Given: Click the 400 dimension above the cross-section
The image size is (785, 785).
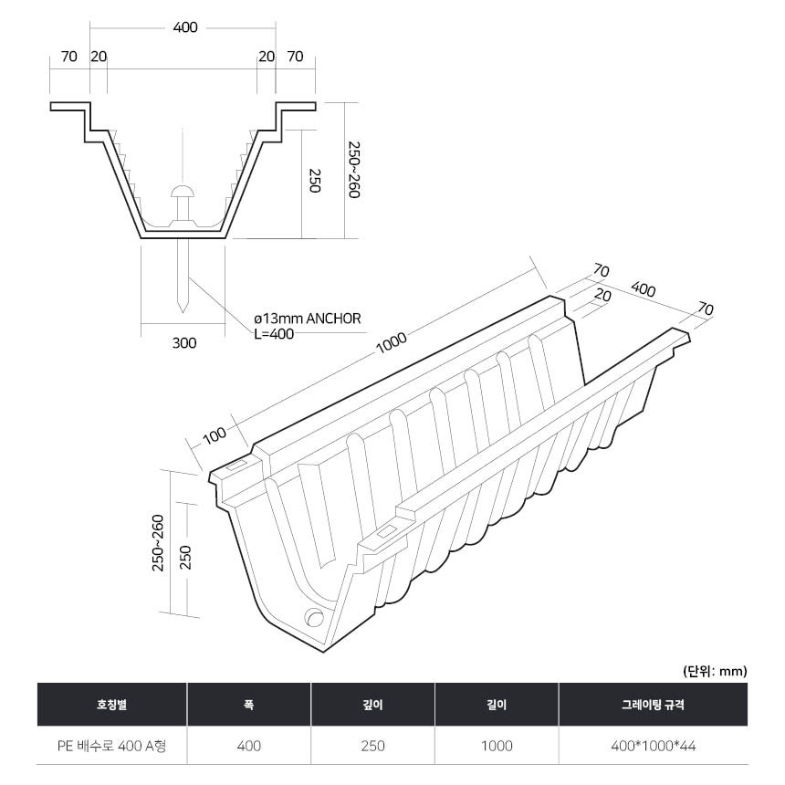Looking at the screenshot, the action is (185, 27).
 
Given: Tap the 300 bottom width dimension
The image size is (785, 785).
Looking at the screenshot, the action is (184, 343).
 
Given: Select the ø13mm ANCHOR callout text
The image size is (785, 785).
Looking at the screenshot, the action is (308, 319).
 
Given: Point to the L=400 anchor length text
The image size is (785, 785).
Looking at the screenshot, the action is (274, 334).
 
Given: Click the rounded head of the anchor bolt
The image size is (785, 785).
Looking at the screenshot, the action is (183, 192).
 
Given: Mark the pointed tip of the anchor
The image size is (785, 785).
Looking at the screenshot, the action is (183, 312).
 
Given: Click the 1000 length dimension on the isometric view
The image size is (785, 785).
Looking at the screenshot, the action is (391, 342).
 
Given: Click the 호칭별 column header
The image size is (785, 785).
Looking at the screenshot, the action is (111, 705).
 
